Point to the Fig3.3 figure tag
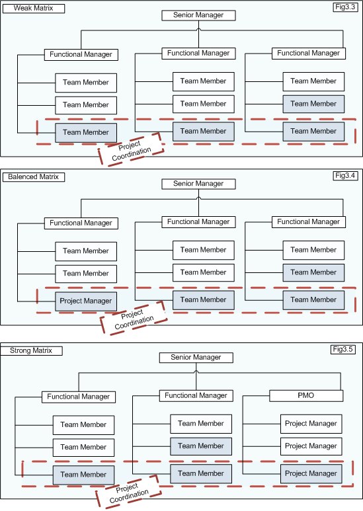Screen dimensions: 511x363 [347, 7]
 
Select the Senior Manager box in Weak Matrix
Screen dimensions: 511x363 [198, 15]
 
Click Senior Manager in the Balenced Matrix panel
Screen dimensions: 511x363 [198, 183]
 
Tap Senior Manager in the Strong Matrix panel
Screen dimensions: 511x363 [195, 358]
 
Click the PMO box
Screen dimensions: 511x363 [306, 396]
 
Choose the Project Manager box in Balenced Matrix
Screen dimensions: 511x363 [86, 301]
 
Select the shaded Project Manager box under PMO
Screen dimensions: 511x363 [311, 473]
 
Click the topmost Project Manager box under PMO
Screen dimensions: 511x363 [311, 424]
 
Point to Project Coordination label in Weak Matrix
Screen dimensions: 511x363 [130, 149]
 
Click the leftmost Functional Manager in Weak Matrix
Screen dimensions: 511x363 [81, 54]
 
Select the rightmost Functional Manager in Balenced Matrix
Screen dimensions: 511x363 [307, 222]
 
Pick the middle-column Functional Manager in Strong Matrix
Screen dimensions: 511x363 [195, 395]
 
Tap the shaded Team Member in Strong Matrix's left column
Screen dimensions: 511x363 [83, 474]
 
